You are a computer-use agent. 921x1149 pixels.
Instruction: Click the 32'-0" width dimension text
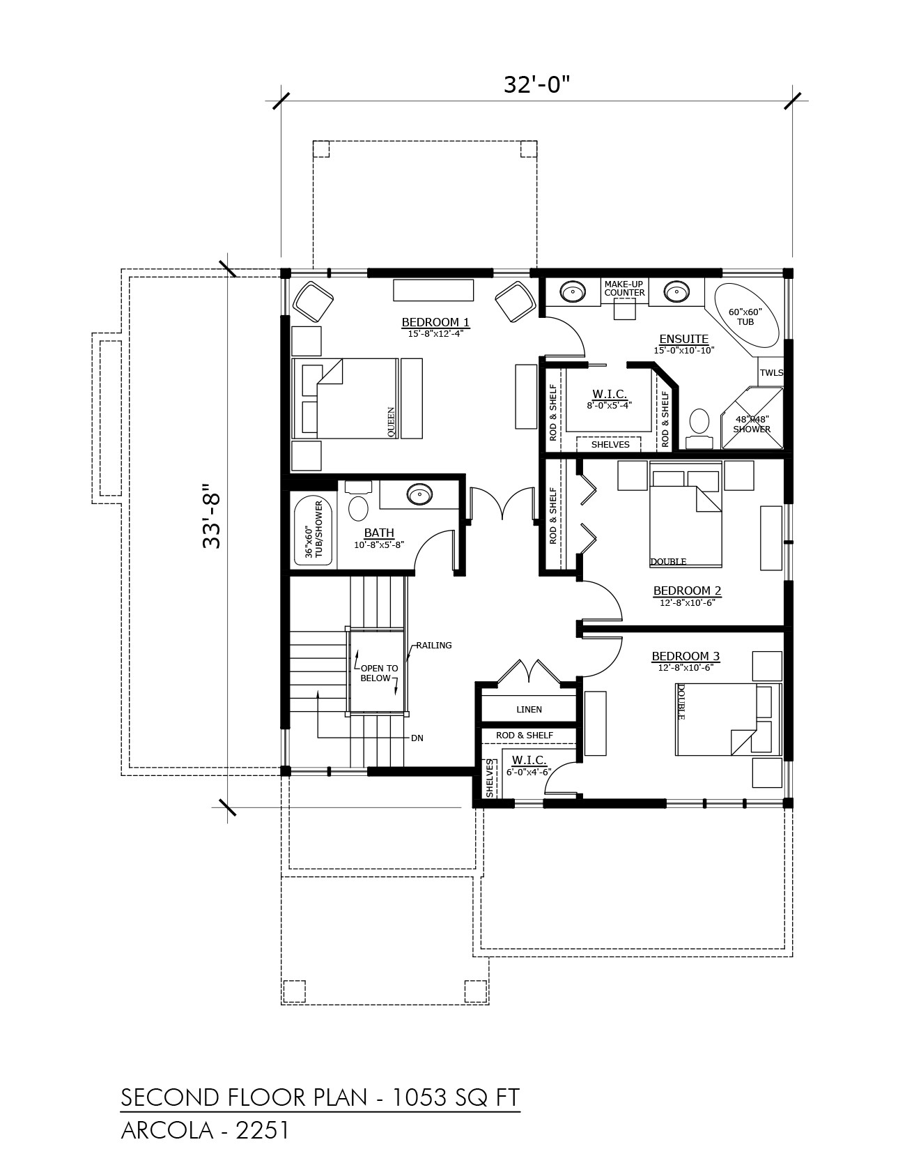[536, 84]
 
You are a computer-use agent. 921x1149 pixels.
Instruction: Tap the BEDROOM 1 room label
[435, 322]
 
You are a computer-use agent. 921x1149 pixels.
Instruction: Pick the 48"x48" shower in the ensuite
[752, 418]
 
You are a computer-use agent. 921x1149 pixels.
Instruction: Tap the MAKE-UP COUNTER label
[624, 288]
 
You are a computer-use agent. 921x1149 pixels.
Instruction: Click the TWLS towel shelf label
[771, 372]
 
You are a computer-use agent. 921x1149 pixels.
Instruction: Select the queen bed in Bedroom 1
[346, 399]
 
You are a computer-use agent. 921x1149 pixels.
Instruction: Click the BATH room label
[379, 534]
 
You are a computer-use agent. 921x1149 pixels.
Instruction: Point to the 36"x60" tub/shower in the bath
[314, 531]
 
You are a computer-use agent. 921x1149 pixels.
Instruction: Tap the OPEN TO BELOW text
[378, 673]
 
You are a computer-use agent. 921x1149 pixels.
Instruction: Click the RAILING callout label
[434, 645]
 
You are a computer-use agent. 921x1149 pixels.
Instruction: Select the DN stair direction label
[417, 738]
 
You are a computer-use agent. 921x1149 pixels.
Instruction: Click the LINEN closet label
[529, 709]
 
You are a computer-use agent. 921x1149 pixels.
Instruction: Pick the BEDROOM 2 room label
[687, 591]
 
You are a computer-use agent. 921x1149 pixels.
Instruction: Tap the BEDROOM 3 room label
[686, 656]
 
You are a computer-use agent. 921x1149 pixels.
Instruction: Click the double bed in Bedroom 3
[728, 719]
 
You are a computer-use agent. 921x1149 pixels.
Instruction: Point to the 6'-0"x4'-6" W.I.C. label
[529, 764]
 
